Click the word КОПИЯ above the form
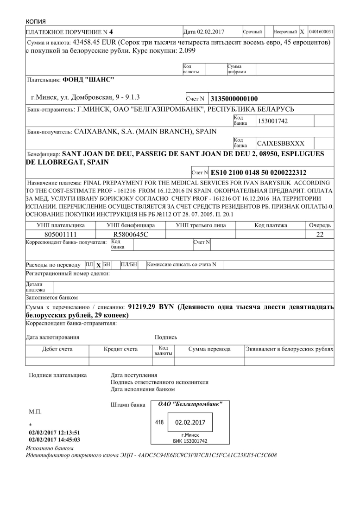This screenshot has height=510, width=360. coord(35,22)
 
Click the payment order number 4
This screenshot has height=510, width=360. coord(111,32)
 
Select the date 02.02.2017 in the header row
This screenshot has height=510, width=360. coord(211,32)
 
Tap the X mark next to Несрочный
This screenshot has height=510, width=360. coord(302,32)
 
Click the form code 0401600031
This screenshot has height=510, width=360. coord(321,32)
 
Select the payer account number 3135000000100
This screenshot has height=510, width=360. coord(234,99)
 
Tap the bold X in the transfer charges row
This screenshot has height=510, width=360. coord(98,265)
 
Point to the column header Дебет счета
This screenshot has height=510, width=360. coord(57,349)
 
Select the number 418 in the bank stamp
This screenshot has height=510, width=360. coord(159,423)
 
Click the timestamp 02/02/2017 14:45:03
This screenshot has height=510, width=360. coord(55,440)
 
